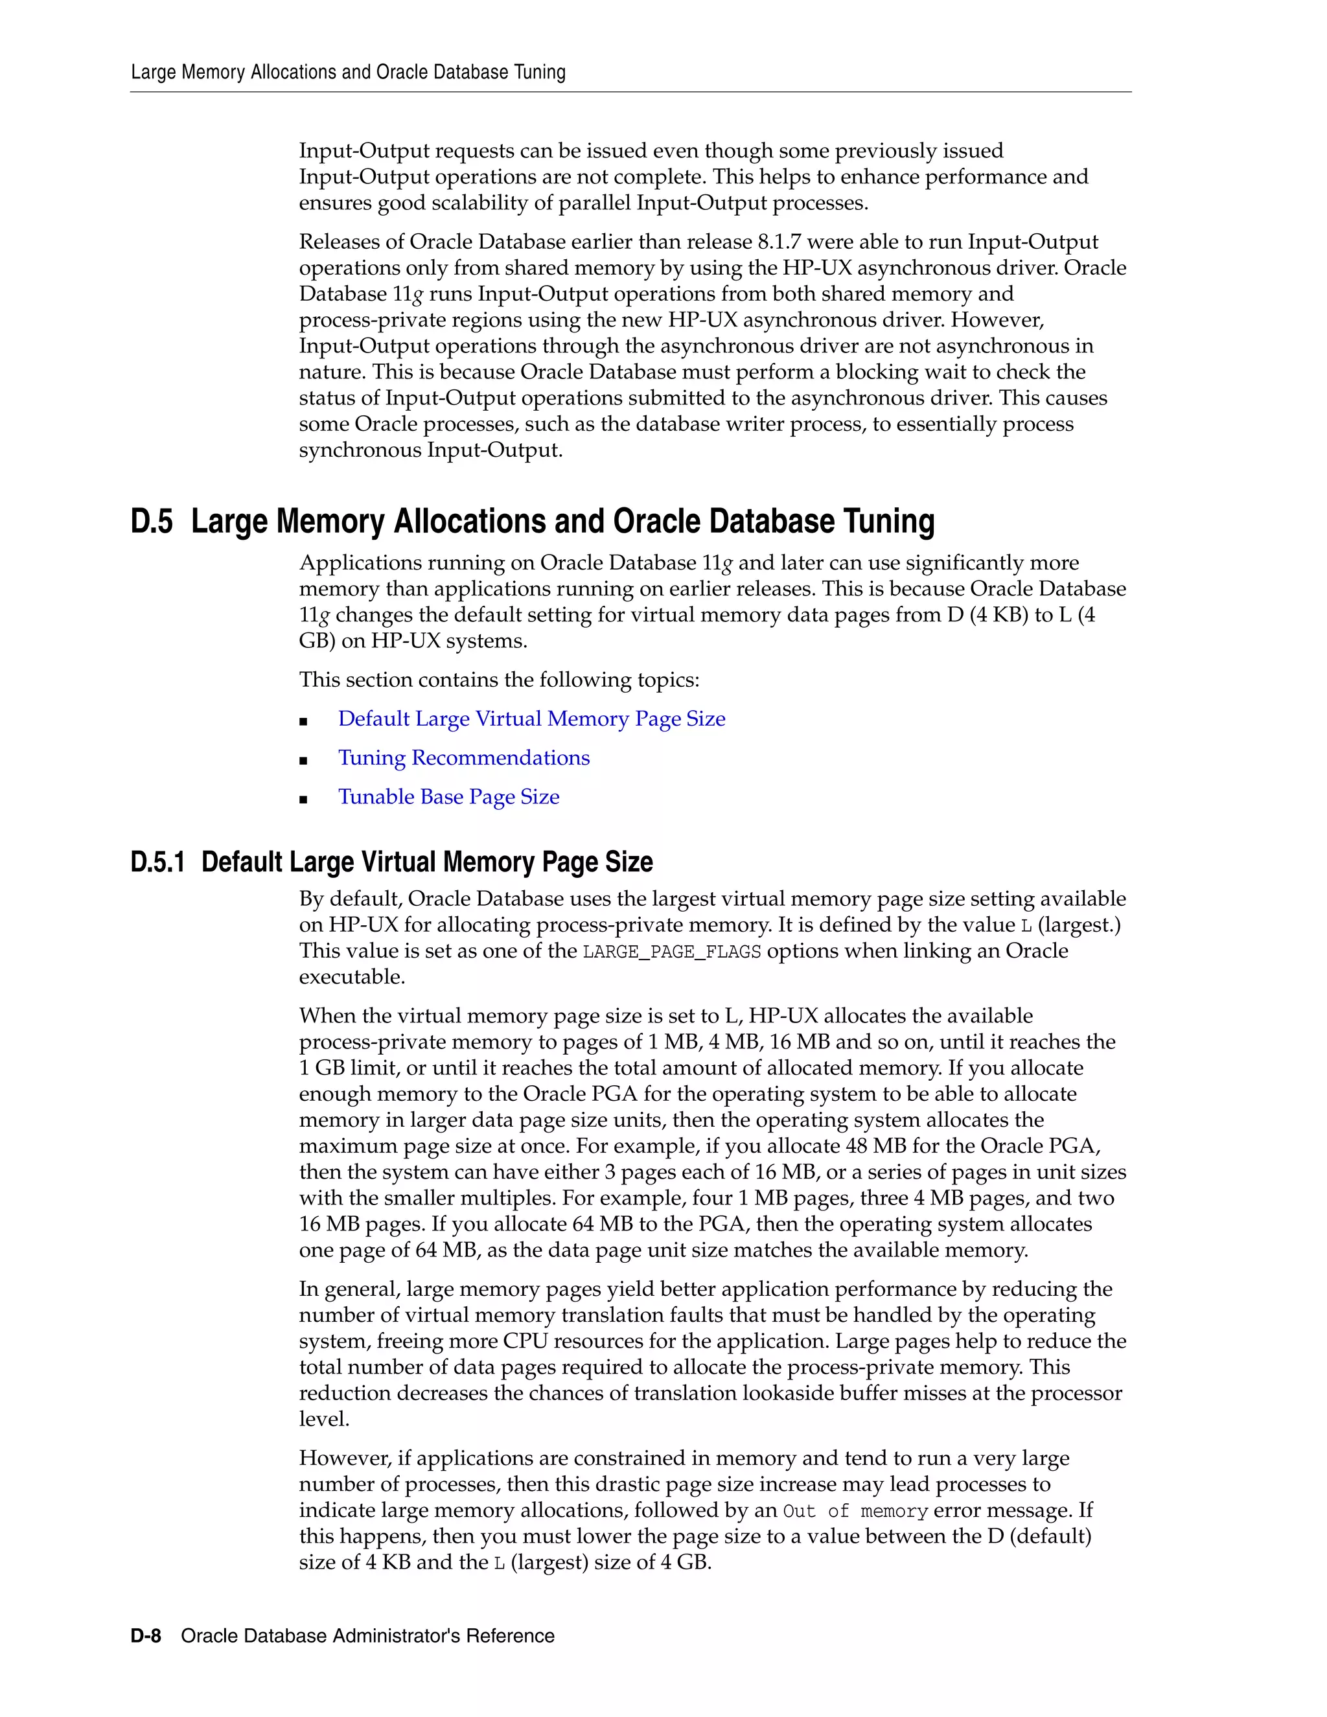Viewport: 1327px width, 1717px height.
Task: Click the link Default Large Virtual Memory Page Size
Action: pos(531,719)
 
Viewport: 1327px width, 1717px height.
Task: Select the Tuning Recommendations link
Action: pos(464,758)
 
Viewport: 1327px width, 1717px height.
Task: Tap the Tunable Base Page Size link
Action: pos(449,796)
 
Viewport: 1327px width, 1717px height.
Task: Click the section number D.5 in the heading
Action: pos(152,521)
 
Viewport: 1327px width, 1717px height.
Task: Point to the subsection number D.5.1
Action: pos(157,862)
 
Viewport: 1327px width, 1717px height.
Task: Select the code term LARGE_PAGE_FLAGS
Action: pos(671,952)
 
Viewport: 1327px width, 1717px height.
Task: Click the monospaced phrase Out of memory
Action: pos(855,1511)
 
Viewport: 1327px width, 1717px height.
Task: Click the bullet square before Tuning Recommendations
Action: pos(303,759)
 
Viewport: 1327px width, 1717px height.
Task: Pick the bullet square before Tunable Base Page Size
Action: pos(303,799)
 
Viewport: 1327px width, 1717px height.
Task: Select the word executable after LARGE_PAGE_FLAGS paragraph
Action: pos(351,977)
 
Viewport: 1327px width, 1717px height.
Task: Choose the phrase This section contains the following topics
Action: pos(498,679)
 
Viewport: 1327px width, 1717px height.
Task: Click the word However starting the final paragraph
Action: pos(344,1458)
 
